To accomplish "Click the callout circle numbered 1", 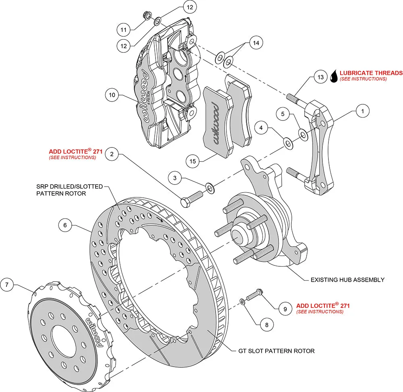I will (x=363, y=110).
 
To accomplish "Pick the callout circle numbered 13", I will (x=320, y=77).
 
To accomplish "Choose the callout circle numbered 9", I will (x=285, y=309).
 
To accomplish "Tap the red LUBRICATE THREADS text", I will (x=371, y=73).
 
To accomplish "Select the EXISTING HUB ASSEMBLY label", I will (x=347, y=280).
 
